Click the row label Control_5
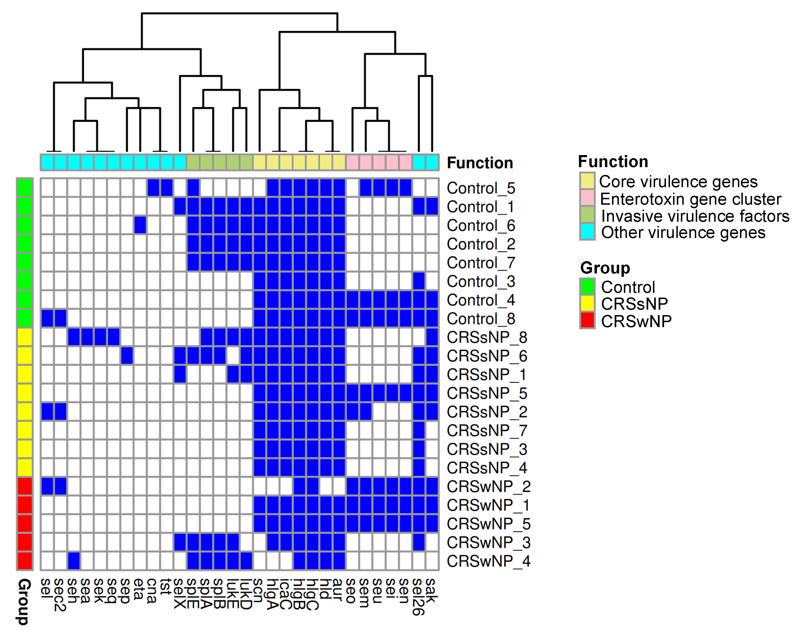click(x=481, y=188)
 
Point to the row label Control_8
click(x=481, y=319)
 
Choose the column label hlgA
click(x=273, y=594)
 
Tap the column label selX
click(x=180, y=593)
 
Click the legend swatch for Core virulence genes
click(x=587, y=181)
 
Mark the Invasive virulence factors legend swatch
click(x=587, y=215)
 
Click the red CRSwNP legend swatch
click(x=587, y=321)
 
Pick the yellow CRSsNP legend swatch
click(x=587, y=304)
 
